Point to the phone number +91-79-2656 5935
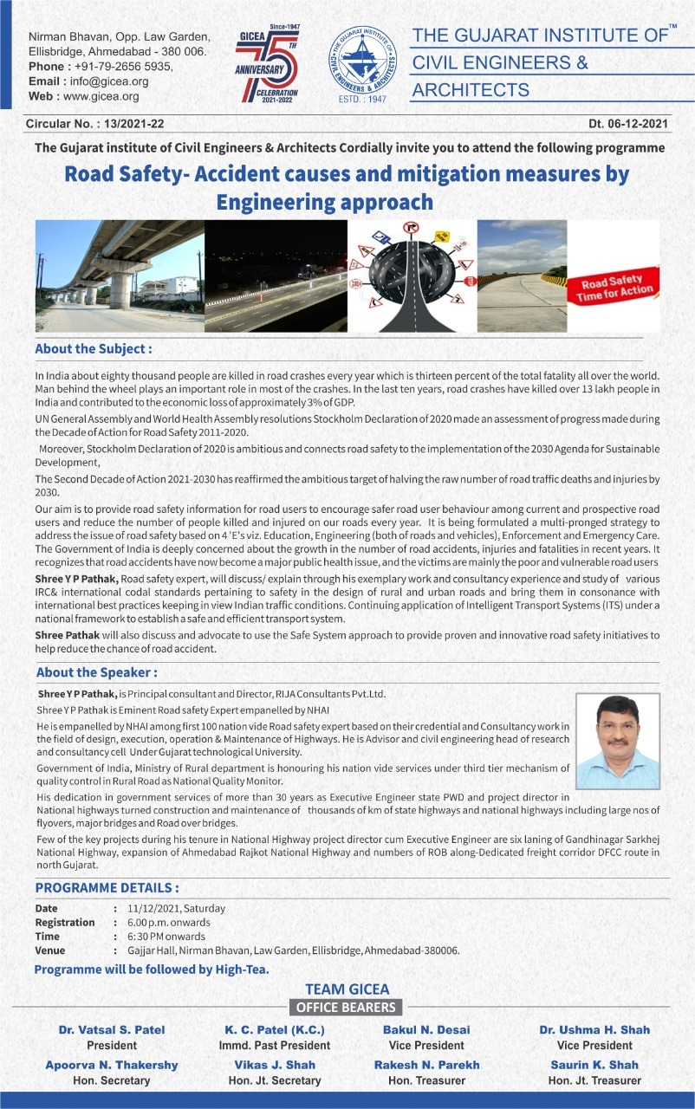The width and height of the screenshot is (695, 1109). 125,67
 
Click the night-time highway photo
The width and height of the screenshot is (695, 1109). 276,276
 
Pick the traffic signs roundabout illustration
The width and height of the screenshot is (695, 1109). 412,276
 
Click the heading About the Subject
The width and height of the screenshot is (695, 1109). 94,348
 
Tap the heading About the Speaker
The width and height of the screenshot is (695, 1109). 96,672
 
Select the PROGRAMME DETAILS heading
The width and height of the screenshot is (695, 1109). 107,888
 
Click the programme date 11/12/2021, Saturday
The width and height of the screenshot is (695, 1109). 176,909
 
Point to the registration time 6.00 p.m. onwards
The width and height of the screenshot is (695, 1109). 180,923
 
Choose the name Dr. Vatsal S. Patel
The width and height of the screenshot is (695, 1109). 112,1030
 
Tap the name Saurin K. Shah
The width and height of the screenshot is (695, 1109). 594,1065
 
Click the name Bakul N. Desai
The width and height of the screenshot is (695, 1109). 426,1030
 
